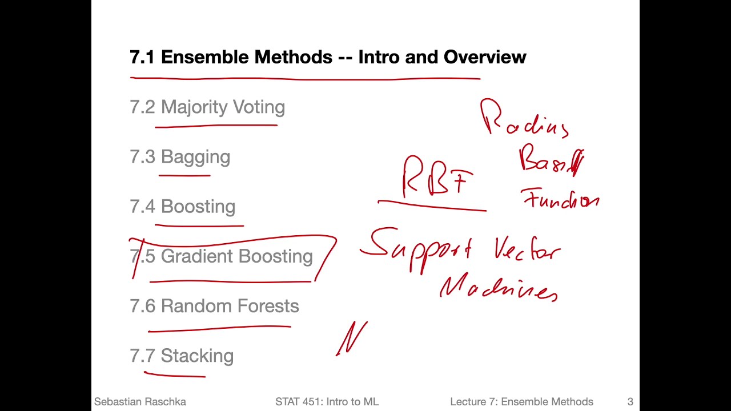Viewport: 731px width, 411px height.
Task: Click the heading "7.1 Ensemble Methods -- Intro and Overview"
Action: [x=328, y=57]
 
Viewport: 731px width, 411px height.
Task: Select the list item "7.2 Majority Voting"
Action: [x=207, y=107]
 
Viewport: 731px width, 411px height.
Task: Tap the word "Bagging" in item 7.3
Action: [x=195, y=158]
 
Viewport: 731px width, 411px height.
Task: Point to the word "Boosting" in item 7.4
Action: [x=198, y=207]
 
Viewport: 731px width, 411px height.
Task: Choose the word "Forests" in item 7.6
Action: [x=268, y=306]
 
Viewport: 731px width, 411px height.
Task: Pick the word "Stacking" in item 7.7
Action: [x=197, y=356]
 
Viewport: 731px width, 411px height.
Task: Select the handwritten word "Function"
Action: [x=560, y=199]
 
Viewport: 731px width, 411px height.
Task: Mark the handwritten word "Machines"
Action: [x=499, y=289]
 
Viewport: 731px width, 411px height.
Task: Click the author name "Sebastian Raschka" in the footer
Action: [x=140, y=402]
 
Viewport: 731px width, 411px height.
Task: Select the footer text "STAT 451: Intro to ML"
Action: [x=327, y=402]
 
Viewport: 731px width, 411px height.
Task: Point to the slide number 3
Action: [x=630, y=402]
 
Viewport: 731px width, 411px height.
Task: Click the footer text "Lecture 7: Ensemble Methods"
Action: [x=521, y=402]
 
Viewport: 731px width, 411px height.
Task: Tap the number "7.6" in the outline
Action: [x=142, y=307]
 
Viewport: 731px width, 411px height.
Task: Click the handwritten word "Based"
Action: [x=551, y=161]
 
